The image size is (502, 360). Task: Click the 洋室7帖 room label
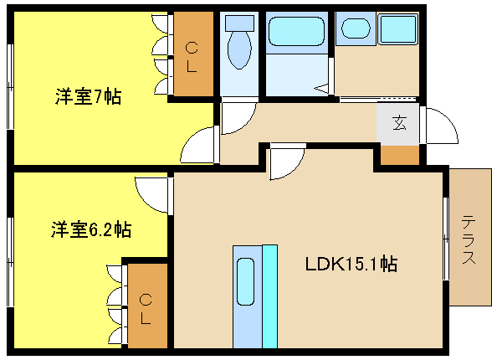[89, 96]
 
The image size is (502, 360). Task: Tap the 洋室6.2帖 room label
[91, 229]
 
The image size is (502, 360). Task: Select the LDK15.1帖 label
[351, 265]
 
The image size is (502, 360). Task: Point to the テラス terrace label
[469, 239]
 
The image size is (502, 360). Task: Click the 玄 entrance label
[399, 123]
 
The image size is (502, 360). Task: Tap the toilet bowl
[239, 50]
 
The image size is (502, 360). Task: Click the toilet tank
[239, 23]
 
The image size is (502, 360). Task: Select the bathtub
[296, 31]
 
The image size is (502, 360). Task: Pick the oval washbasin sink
[356, 28]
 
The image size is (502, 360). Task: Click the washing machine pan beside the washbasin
[398, 28]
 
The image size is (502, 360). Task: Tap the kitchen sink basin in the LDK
[245, 281]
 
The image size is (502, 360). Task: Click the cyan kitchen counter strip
[270, 296]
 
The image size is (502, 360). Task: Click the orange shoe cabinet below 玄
[400, 156]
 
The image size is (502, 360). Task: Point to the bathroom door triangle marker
[321, 88]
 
